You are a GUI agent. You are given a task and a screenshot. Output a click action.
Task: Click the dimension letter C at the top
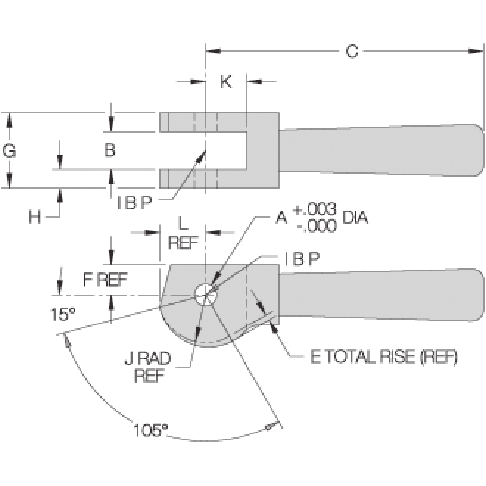coord(351,51)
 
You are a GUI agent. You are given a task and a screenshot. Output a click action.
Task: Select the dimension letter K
coord(225,82)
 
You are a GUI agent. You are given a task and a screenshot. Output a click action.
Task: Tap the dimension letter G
coord(9,151)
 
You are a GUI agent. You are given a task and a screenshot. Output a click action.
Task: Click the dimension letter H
coord(34,217)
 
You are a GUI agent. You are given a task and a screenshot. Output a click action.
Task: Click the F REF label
coord(105,280)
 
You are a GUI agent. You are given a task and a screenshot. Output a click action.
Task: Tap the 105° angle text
coord(151,431)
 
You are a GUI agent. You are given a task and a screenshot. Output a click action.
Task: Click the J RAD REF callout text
coord(153,367)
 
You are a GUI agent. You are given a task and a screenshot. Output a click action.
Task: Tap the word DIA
coord(355,218)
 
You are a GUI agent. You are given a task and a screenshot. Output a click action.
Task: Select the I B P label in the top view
coord(134,203)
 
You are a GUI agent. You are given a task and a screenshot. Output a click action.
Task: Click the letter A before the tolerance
coord(281,218)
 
